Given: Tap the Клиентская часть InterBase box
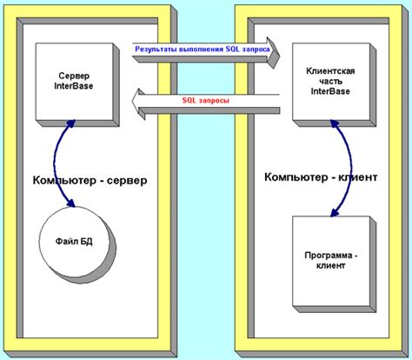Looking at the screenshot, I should (329, 83).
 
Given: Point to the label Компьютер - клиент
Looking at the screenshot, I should (320, 177).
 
